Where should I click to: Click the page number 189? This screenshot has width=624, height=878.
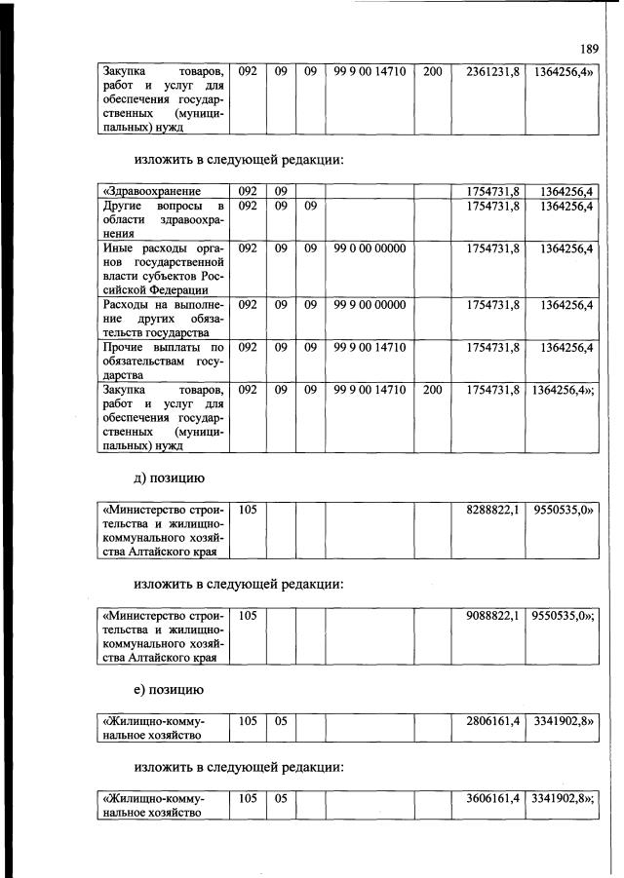[x=589, y=48]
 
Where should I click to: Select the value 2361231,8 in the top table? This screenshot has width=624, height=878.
[x=492, y=71]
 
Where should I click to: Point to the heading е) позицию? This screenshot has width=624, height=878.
[x=169, y=691]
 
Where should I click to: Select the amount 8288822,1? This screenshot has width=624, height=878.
[x=492, y=510]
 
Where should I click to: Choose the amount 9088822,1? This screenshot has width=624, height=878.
[x=492, y=616]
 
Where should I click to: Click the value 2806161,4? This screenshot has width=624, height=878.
[x=492, y=721]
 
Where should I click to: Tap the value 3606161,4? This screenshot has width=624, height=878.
[x=492, y=800]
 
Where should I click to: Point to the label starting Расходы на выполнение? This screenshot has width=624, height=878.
[x=163, y=319]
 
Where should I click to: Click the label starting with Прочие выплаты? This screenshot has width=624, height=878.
[x=163, y=361]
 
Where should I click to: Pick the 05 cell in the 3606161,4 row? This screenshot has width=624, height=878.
[x=281, y=800]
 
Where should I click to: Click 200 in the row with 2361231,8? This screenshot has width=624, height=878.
[x=432, y=71]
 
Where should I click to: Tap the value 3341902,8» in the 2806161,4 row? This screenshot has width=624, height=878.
[x=563, y=721]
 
